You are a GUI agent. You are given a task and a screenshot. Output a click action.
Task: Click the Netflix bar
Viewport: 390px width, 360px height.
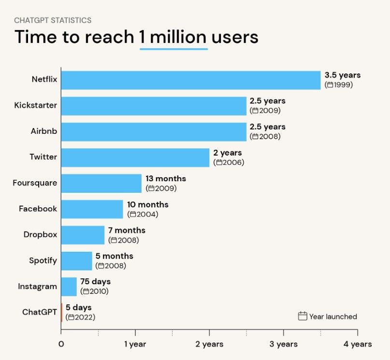(191, 80)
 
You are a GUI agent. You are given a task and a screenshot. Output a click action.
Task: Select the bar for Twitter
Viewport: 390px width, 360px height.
(135, 158)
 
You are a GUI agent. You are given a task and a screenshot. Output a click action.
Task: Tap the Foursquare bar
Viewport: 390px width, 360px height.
(101, 184)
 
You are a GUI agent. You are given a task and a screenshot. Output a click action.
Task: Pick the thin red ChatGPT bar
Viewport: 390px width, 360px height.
(62, 312)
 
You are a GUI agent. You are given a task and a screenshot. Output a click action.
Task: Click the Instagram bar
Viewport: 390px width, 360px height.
(69, 287)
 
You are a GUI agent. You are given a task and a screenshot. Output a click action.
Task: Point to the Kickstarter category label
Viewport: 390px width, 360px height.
(35, 105)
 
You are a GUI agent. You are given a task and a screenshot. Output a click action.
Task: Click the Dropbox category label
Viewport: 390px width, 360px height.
(40, 235)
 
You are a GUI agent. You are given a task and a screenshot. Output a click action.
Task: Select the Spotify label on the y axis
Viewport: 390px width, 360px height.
(43, 260)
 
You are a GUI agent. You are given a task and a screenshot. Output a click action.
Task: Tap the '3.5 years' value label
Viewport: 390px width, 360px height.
(342, 75)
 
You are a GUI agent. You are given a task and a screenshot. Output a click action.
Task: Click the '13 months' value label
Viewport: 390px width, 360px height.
(165, 179)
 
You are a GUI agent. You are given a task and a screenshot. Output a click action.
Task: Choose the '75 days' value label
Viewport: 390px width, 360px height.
(95, 282)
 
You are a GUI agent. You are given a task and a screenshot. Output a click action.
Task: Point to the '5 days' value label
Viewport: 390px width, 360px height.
(78, 307)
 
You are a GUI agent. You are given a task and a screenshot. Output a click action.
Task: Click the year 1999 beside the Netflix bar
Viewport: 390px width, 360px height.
(343, 85)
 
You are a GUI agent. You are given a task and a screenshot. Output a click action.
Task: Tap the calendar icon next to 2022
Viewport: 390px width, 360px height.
(71, 317)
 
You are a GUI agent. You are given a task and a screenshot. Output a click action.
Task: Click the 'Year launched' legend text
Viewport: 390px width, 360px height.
(333, 317)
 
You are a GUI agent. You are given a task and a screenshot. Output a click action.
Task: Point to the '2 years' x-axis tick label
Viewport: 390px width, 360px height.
(209, 345)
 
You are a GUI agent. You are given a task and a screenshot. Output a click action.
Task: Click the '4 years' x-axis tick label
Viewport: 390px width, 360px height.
(358, 345)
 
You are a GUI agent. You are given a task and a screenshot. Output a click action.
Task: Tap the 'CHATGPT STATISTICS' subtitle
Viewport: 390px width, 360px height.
(53, 20)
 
